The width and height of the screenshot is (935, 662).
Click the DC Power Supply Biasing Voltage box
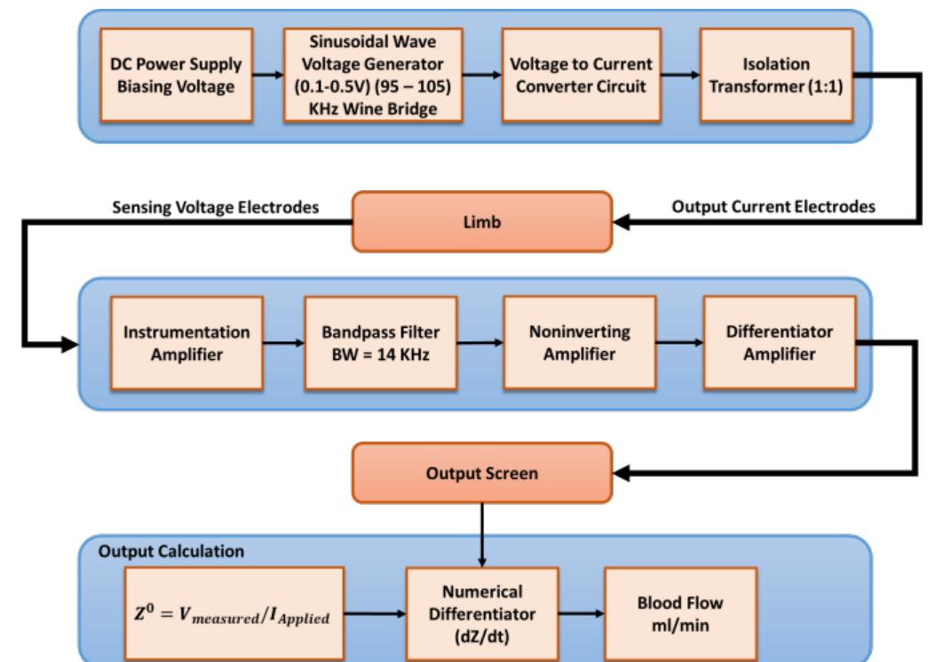pos(176,76)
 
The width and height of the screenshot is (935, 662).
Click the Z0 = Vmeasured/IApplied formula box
pos(234,612)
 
